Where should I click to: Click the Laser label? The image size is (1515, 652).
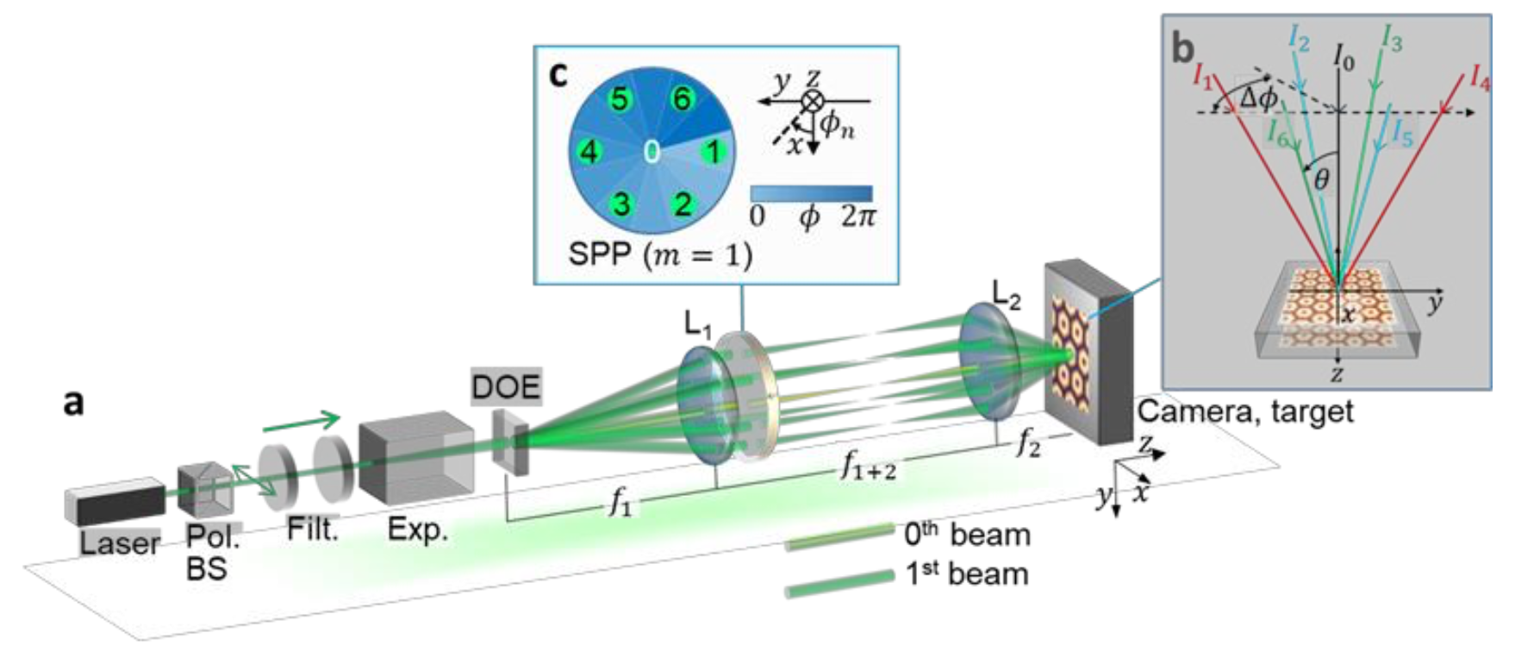120,542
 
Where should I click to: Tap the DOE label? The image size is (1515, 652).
507,386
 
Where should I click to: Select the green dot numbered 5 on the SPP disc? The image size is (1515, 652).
620,99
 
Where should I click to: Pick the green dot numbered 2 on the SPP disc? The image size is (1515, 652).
683,204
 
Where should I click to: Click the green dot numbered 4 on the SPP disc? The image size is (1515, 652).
589,152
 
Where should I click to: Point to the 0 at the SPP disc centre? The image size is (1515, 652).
652,152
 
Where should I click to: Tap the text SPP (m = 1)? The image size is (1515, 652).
659,254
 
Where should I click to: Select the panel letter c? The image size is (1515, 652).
558,74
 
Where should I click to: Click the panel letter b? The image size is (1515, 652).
1183,49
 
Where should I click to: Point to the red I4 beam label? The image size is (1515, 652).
1479,78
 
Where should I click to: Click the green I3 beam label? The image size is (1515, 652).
1391,39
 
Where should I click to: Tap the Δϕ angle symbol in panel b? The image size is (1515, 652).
1257,98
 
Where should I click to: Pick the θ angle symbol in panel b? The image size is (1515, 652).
1321,179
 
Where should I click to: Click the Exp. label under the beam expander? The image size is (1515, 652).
418,529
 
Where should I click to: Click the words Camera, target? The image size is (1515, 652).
1245,411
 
